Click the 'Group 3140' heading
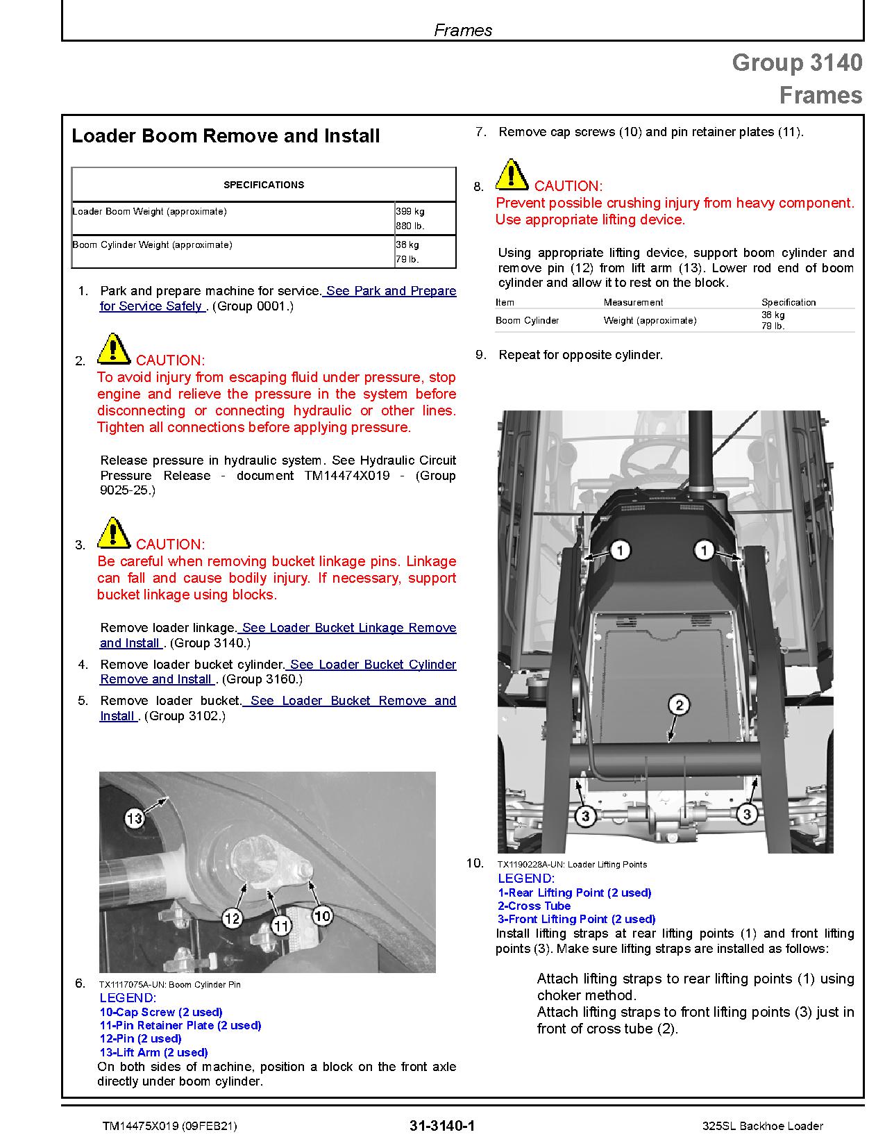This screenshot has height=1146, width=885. click(x=797, y=63)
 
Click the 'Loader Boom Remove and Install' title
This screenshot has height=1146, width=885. click(x=226, y=135)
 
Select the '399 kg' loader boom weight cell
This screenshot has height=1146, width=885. click(x=410, y=211)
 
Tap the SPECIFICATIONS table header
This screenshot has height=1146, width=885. click(x=263, y=185)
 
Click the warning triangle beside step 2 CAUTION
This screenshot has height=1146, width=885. click(x=113, y=349)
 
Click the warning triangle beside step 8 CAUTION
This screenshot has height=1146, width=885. click(x=512, y=175)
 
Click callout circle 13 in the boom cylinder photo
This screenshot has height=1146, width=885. click(x=134, y=818)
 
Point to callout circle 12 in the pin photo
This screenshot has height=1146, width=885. click(x=232, y=918)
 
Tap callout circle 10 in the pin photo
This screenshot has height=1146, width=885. click(x=322, y=916)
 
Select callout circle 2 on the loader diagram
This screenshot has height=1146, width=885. click(x=678, y=706)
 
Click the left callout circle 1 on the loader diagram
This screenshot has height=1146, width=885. click(x=619, y=551)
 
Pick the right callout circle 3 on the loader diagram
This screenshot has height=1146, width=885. click(x=746, y=813)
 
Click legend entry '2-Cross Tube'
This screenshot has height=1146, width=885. click(x=534, y=906)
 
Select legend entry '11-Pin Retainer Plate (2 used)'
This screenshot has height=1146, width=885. click(x=180, y=1025)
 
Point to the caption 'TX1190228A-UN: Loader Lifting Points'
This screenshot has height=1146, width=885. click(x=572, y=865)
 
